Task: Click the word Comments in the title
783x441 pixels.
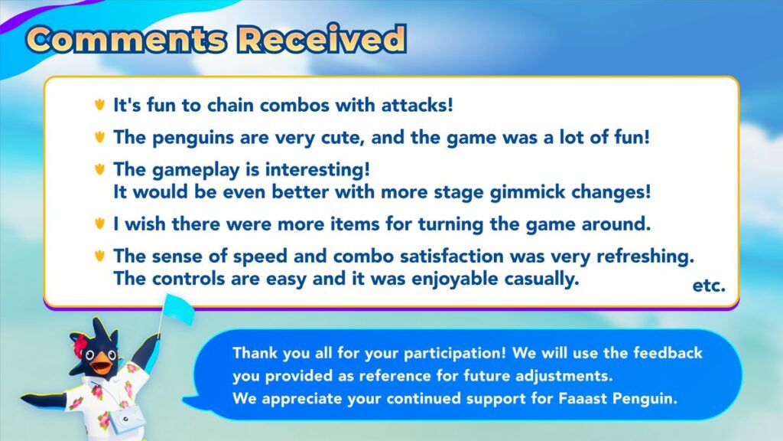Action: (x=126, y=39)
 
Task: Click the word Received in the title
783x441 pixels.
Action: (x=322, y=38)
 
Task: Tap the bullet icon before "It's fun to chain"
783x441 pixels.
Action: (x=100, y=104)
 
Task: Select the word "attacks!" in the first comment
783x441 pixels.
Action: (x=417, y=105)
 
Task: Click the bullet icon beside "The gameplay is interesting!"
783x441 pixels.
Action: (x=100, y=169)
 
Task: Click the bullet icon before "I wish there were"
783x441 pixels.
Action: (x=100, y=223)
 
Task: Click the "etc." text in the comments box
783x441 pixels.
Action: (x=709, y=286)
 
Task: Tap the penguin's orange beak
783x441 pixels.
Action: (x=102, y=363)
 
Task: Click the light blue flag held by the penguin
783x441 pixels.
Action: (x=178, y=309)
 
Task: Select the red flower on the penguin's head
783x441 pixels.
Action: (x=80, y=343)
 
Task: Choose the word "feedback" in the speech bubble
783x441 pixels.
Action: (x=668, y=353)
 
